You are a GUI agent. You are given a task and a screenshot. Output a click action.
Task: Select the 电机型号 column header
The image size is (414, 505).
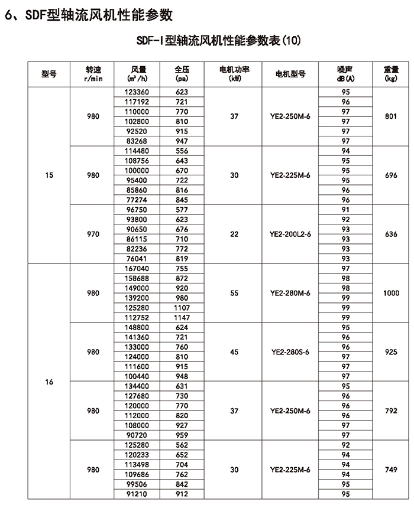290,74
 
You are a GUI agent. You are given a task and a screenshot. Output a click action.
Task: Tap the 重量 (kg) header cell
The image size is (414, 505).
391,73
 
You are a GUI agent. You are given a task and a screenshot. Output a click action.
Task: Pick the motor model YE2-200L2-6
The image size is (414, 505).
290,234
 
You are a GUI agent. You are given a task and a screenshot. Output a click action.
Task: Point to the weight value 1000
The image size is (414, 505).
391,293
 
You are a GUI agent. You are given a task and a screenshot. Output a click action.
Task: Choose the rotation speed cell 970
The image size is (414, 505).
93,234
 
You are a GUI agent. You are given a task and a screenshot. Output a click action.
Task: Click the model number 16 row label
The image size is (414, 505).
49,382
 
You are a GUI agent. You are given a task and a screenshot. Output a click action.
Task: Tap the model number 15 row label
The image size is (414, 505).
49,175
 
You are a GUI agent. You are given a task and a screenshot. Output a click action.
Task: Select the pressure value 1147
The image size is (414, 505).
182,318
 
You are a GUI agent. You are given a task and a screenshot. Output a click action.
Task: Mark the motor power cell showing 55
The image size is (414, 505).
234,293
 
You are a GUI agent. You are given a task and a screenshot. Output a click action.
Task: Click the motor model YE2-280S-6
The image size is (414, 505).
290,352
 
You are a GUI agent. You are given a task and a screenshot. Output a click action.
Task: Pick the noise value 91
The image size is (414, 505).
346,209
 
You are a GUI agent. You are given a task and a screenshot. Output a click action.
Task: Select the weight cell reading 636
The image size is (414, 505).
391,234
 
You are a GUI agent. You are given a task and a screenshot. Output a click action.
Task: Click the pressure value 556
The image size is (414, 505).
182,151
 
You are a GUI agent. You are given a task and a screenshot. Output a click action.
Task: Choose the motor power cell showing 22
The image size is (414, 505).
234,234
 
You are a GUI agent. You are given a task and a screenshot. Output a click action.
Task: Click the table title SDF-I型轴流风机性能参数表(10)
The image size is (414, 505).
219,41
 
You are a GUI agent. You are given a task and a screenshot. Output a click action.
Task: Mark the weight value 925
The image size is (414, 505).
391,352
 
